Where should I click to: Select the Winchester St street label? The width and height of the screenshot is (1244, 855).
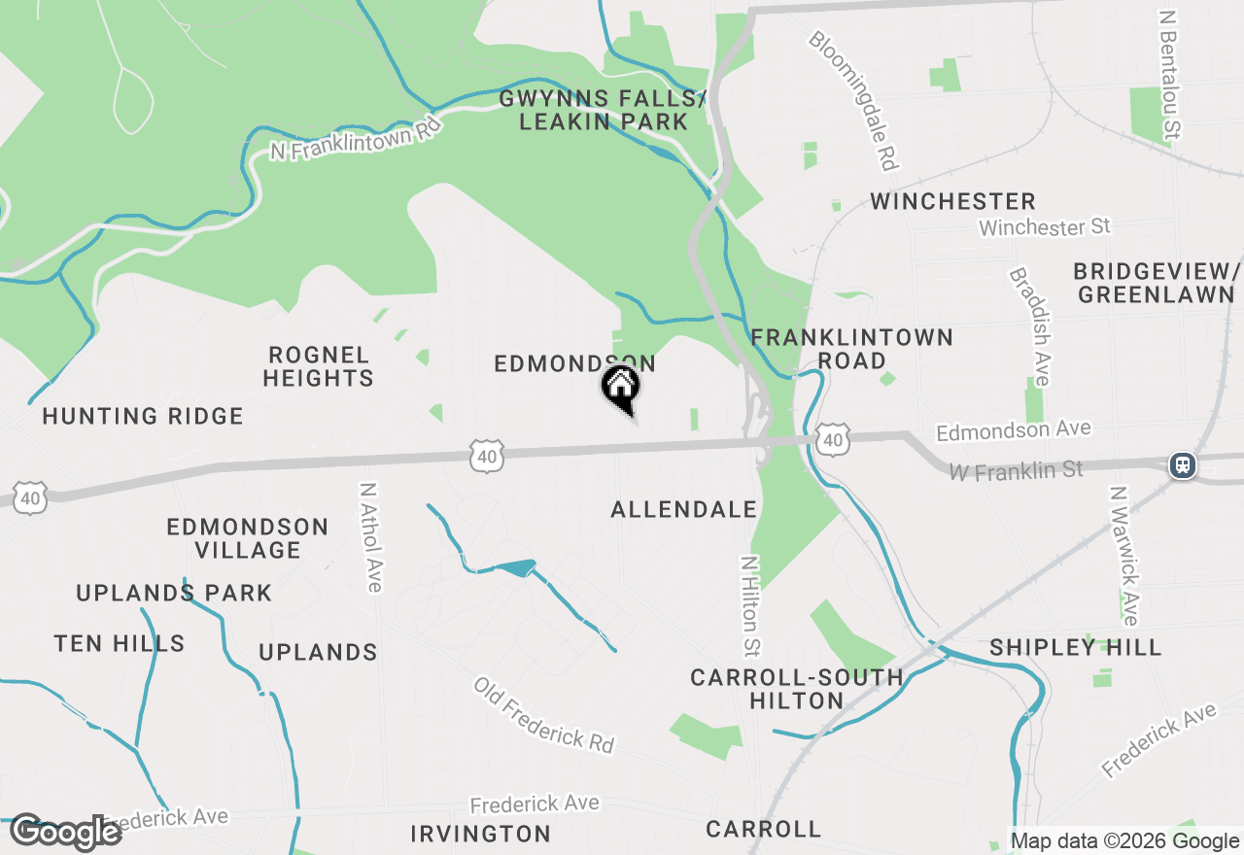[1044, 227]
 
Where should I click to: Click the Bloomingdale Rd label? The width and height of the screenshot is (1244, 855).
[852, 100]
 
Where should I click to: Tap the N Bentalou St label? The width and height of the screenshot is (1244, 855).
[1170, 75]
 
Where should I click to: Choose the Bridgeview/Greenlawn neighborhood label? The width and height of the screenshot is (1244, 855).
[1157, 283]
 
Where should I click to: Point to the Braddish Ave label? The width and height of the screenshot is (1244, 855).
[1029, 326]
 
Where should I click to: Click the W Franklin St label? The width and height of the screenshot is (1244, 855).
[1016, 470]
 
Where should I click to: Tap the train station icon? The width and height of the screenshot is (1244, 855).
[1183, 465]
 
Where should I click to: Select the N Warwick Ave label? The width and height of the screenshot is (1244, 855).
[1123, 556]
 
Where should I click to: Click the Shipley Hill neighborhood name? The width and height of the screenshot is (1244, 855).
[1075, 647]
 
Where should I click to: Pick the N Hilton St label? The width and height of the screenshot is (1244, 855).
[749, 605]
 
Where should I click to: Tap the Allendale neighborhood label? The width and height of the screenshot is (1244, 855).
[683, 509]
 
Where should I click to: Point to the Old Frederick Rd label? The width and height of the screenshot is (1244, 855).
[544, 714]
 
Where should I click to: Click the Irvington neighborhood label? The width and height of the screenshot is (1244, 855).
[480, 834]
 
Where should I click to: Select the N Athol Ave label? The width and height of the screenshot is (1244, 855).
[370, 537]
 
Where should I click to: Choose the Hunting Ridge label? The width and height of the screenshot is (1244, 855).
[143, 417]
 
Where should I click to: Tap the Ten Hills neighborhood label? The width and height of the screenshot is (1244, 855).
[120, 643]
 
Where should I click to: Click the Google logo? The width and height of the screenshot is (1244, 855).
[66, 832]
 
